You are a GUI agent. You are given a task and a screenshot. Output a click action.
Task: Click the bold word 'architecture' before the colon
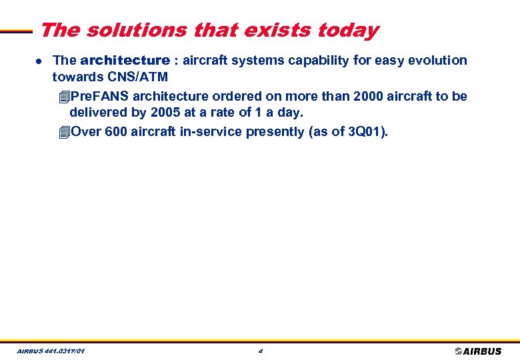(x=125, y=61)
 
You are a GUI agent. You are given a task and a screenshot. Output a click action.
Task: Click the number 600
(x=116, y=131)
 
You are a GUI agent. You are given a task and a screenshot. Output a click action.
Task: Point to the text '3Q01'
(x=365, y=131)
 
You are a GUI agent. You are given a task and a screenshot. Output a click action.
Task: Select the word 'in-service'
(x=211, y=131)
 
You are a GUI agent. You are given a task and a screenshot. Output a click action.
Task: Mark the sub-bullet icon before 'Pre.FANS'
(x=63, y=96)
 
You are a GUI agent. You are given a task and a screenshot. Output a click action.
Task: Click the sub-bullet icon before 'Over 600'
(x=63, y=131)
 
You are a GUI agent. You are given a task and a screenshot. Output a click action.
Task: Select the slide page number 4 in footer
(x=260, y=351)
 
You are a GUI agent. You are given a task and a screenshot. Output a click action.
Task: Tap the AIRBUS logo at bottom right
(x=478, y=351)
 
